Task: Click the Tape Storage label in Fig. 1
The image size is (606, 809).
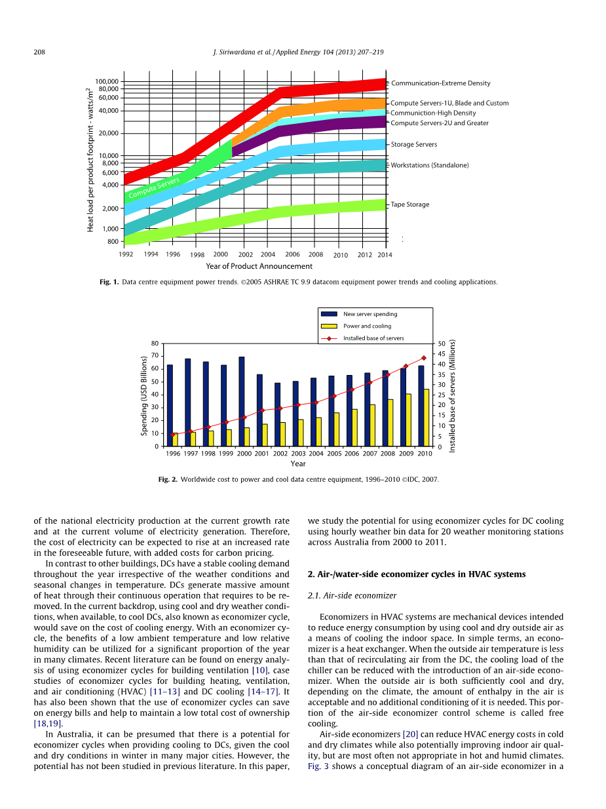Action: click(410, 205)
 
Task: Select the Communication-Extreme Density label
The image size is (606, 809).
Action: click(440, 83)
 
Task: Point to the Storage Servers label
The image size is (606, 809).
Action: click(413, 144)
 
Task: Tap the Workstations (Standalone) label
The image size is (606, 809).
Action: click(430, 165)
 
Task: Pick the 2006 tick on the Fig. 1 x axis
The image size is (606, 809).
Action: click(292, 254)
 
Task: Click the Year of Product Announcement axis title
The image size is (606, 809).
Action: click(259, 266)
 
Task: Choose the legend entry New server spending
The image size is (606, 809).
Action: click(370, 314)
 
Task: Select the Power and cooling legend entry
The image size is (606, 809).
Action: click(367, 326)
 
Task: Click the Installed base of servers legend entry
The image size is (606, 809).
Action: click(373, 338)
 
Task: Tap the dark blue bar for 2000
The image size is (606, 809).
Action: click(242, 401)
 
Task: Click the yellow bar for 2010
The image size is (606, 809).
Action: click(426, 418)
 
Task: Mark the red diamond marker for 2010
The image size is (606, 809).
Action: click(424, 358)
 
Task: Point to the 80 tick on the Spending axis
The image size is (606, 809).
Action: click(155, 343)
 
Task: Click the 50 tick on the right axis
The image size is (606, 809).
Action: click(442, 344)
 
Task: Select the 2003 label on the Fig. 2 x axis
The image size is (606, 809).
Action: click(298, 453)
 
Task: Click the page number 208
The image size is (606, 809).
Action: click(39, 52)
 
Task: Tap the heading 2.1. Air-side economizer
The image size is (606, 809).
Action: click(352, 595)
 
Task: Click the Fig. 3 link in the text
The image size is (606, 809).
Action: click(318, 766)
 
